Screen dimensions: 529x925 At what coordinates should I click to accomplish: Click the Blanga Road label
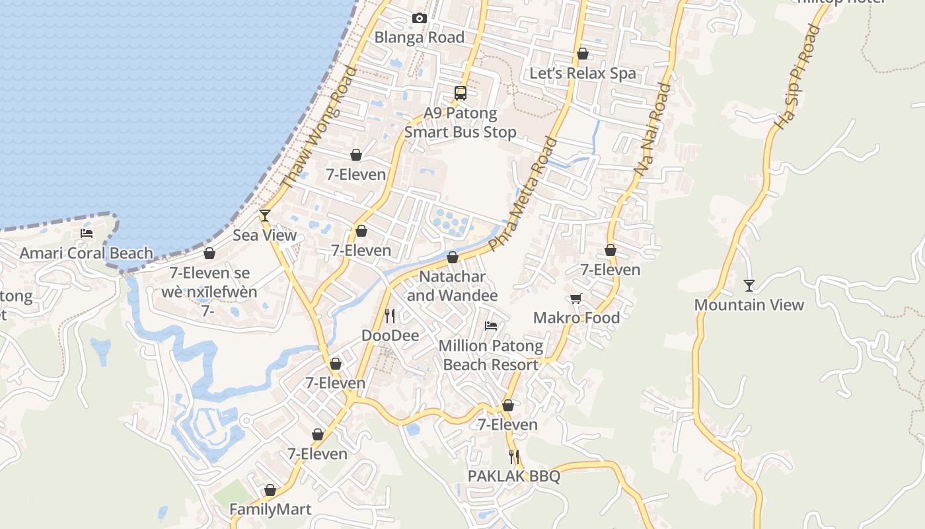pyautogui.click(x=420, y=37)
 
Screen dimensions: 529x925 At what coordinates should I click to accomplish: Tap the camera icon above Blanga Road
pyautogui.click(x=420, y=18)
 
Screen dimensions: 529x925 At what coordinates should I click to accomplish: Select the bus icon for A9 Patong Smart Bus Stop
pyautogui.click(x=461, y=93)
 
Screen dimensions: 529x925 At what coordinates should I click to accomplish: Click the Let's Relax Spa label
pyautogui.click(x=583, y=73)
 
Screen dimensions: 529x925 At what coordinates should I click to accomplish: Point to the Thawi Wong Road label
pyautogui.click(x=319, y=127)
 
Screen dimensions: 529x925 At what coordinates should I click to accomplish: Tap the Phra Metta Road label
pyautogui.click(x=523, y=194)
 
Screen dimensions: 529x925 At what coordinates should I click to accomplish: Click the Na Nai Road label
pyautogui.click(x=653, y=129)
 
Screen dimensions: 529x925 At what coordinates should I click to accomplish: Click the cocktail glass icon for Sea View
pyautogui.click(x=265, y=215)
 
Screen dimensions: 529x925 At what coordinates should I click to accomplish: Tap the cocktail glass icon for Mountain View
pyautogui.click(x=749, y=285)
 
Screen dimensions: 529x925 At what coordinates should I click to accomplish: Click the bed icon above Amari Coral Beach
pyautogui.click(x=87, y=233)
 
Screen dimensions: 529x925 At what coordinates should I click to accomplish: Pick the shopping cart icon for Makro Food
pyautogui.click(x=576, y=298)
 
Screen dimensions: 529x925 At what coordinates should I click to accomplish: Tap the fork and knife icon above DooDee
pyautogui.click(x=390, y=315)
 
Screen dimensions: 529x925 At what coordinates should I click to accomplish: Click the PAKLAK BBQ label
pyautogui.click(x=514, y=476)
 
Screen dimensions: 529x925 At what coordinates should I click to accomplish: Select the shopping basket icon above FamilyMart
pyautogui.click(x=270, y=490)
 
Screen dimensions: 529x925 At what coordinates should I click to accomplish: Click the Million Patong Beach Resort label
pyautogui.click(x=491, y=355)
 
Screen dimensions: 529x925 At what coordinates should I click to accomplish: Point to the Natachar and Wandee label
pyautogui.click(x=453, y=286)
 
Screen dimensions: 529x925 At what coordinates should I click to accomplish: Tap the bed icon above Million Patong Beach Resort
pyautogui.click(x=491, y=325)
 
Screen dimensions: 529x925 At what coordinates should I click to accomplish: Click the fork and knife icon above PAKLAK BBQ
pyautogui.click(x=514, y=456)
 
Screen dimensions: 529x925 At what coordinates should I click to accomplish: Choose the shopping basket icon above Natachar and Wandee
pyautogui.click(x=453, y=257)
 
